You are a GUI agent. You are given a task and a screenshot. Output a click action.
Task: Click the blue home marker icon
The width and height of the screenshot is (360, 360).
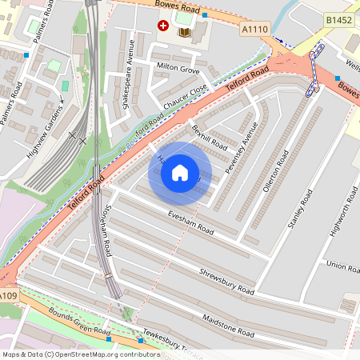[x=180, y=172]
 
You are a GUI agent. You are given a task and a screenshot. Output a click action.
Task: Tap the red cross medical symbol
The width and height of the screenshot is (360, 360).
[x=164, y=26]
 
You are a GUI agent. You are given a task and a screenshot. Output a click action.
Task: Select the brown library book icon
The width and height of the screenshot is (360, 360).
[x=184, y=31]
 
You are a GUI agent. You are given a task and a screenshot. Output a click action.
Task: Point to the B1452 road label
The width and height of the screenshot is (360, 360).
[x=340, y=19]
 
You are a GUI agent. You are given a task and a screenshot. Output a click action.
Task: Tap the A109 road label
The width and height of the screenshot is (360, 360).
[x=7, y=297]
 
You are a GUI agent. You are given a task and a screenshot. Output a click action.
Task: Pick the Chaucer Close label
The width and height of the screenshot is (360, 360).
[x=186, y=97]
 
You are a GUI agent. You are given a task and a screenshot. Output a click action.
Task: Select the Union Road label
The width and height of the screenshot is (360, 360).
[x=342, y=266]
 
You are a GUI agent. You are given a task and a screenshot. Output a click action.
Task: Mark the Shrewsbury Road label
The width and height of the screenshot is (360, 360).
[x=226, y=280]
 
